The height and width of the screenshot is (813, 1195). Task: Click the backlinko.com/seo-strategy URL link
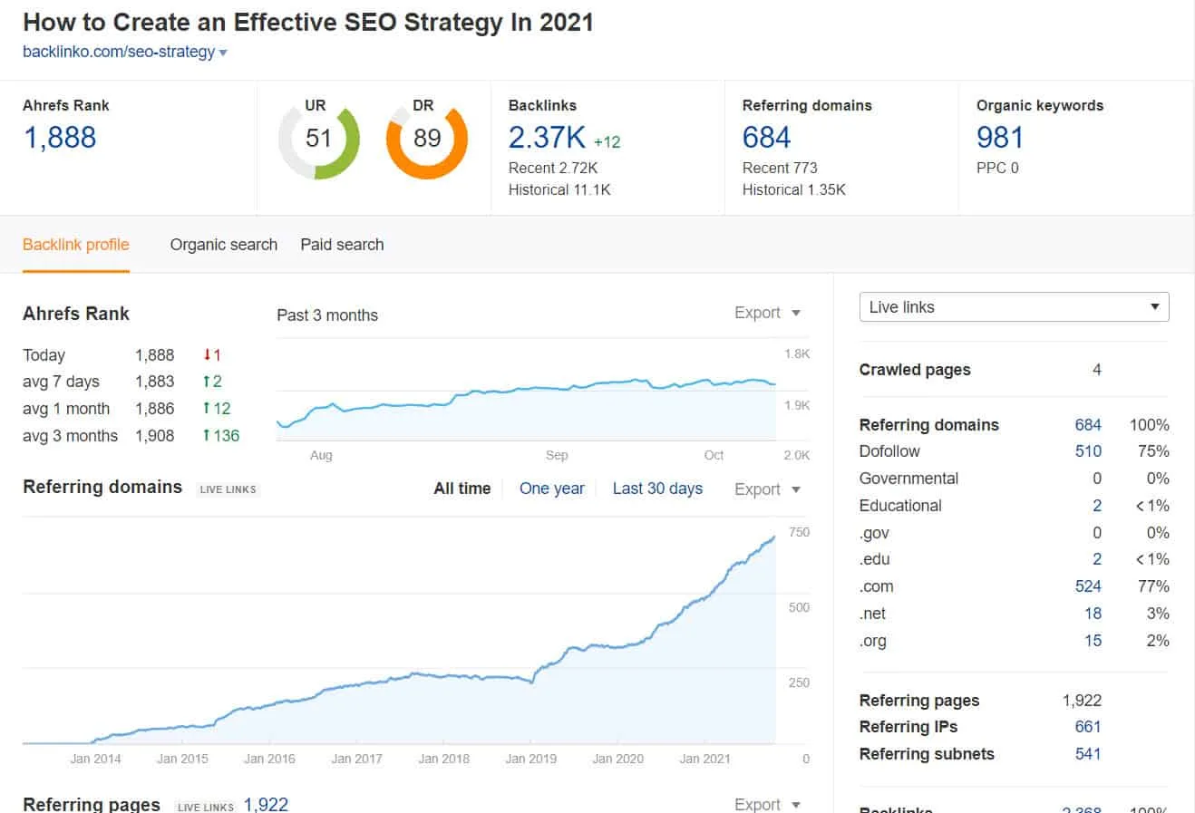coord(119,52)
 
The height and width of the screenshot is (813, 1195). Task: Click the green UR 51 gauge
coord(318,139)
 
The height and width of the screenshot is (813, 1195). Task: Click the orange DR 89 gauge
coord(426,139)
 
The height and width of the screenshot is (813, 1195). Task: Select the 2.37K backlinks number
coord(547,138)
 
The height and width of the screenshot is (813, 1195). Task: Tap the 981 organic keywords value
coord(999,138)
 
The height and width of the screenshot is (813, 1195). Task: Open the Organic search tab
coord(223,245)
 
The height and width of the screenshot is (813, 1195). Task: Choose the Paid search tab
coord(342,245)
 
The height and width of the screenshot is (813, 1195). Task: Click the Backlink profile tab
coord(76,245)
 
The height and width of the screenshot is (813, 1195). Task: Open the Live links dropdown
coord(1014,307)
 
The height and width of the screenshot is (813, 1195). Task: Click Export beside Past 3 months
coord(767,313)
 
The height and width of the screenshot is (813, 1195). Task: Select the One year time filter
coord(551,489)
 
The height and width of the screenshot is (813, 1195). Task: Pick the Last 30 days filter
coord(657,489)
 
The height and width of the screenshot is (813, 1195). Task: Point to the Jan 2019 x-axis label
coord(530,759)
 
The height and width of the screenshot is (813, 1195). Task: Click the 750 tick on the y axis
coord(799,533)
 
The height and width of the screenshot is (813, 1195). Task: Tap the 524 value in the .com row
coord(1087,586)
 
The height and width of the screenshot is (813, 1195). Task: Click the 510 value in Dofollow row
coord(1087,451)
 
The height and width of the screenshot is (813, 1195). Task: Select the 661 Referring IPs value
coord(1087,727)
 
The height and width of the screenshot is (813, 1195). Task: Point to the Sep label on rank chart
coord(557,455)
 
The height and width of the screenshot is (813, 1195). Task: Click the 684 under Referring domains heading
coord(766,138)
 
